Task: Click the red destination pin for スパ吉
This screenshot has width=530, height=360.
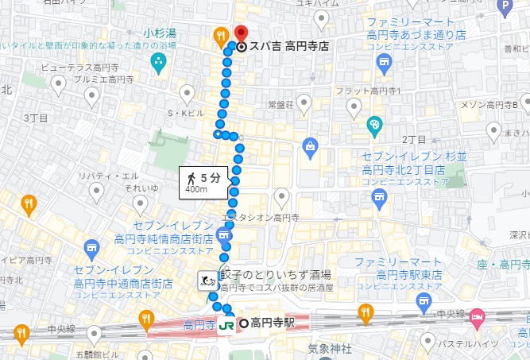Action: (242, 33)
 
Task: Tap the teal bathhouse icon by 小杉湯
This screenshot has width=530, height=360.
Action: (158, 64)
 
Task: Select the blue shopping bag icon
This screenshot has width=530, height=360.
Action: (310, 145)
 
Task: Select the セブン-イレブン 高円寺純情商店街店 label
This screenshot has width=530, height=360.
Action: (174, 232)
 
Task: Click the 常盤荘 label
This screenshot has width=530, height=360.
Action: (280, 104)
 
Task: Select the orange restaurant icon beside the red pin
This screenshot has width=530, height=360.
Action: (220, 36)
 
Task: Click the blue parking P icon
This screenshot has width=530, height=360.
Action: (504, 7)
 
